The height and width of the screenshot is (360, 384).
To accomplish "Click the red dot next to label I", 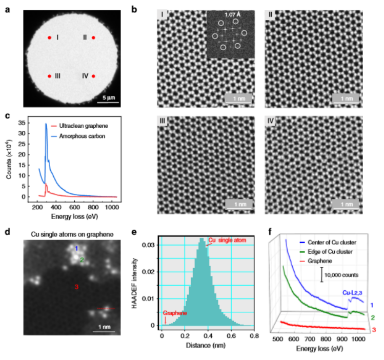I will coord(50,37).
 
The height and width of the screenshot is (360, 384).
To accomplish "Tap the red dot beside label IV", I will coord(93,76).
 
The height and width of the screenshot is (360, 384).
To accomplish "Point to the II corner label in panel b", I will coord(270,14).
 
